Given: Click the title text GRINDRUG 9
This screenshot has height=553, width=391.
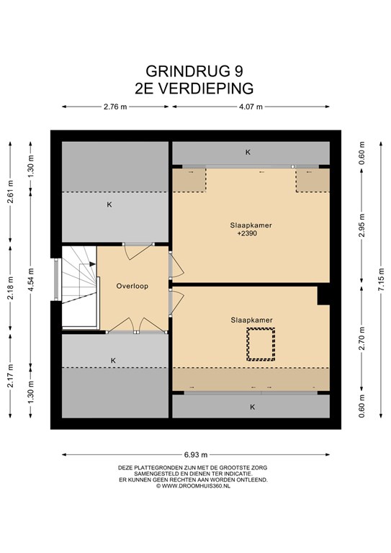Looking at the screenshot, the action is coord(194,71).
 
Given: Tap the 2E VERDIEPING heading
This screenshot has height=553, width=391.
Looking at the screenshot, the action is coord(194,89).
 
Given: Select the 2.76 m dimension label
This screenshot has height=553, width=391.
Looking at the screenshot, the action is coord(115,107).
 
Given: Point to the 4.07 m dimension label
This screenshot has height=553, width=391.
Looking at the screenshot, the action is coord(251,107).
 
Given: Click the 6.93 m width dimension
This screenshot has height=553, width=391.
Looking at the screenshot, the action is coord(196,454).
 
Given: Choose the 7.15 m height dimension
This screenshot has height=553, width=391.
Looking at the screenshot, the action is coord(381,279).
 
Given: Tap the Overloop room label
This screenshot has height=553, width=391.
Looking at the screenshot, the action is coord(132,286).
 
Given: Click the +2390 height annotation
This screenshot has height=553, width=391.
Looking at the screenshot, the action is coord(247,233).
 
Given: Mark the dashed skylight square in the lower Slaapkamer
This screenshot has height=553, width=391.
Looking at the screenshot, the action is coord(261,344).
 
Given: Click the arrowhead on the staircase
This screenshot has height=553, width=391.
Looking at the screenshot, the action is coord(92,264).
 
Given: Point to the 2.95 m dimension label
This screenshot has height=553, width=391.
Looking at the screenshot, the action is coord(361,225).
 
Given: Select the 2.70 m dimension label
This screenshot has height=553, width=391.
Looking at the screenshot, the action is coord(361,338).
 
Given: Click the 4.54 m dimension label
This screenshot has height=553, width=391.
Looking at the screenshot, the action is coord(31,279).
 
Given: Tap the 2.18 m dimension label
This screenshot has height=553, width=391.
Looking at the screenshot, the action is coord(11,288).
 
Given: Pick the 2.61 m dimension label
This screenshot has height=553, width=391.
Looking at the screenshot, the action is coord(11,192).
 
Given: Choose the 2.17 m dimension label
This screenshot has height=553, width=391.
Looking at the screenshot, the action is coord(11,376).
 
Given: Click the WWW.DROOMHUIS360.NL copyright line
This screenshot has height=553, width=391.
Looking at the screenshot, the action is coord(193,485).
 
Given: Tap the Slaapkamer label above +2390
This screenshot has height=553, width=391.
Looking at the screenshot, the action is coord(251,225).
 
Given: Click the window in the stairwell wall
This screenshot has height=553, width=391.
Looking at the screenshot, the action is coord(56,279).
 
